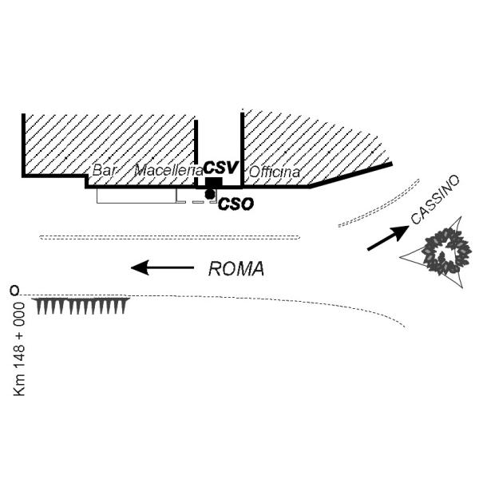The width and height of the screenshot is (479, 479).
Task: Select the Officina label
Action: (x=274, y=172)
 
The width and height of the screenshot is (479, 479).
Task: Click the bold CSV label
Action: (x=220, y=168)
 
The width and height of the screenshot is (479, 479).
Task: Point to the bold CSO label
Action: (x=236, y=204)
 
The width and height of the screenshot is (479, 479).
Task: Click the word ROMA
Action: (x=236, y=269)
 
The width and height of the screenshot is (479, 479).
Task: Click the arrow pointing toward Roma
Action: (x=162, y=267)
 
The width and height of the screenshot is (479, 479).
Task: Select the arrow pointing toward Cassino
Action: (x=388, y=238)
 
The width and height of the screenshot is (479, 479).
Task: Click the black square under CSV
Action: (x=213, y=184)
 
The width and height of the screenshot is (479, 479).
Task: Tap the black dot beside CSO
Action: (x=210, y=194)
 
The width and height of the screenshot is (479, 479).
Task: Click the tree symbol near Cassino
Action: (x=445, y=251)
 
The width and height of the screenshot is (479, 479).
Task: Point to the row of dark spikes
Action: (x=81, y=306)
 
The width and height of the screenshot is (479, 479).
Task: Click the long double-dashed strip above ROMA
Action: (x=170, y=237)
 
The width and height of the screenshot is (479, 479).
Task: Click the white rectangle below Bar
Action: (x=137, y=196)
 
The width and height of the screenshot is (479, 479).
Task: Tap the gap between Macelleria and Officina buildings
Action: (x=219, y=140)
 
